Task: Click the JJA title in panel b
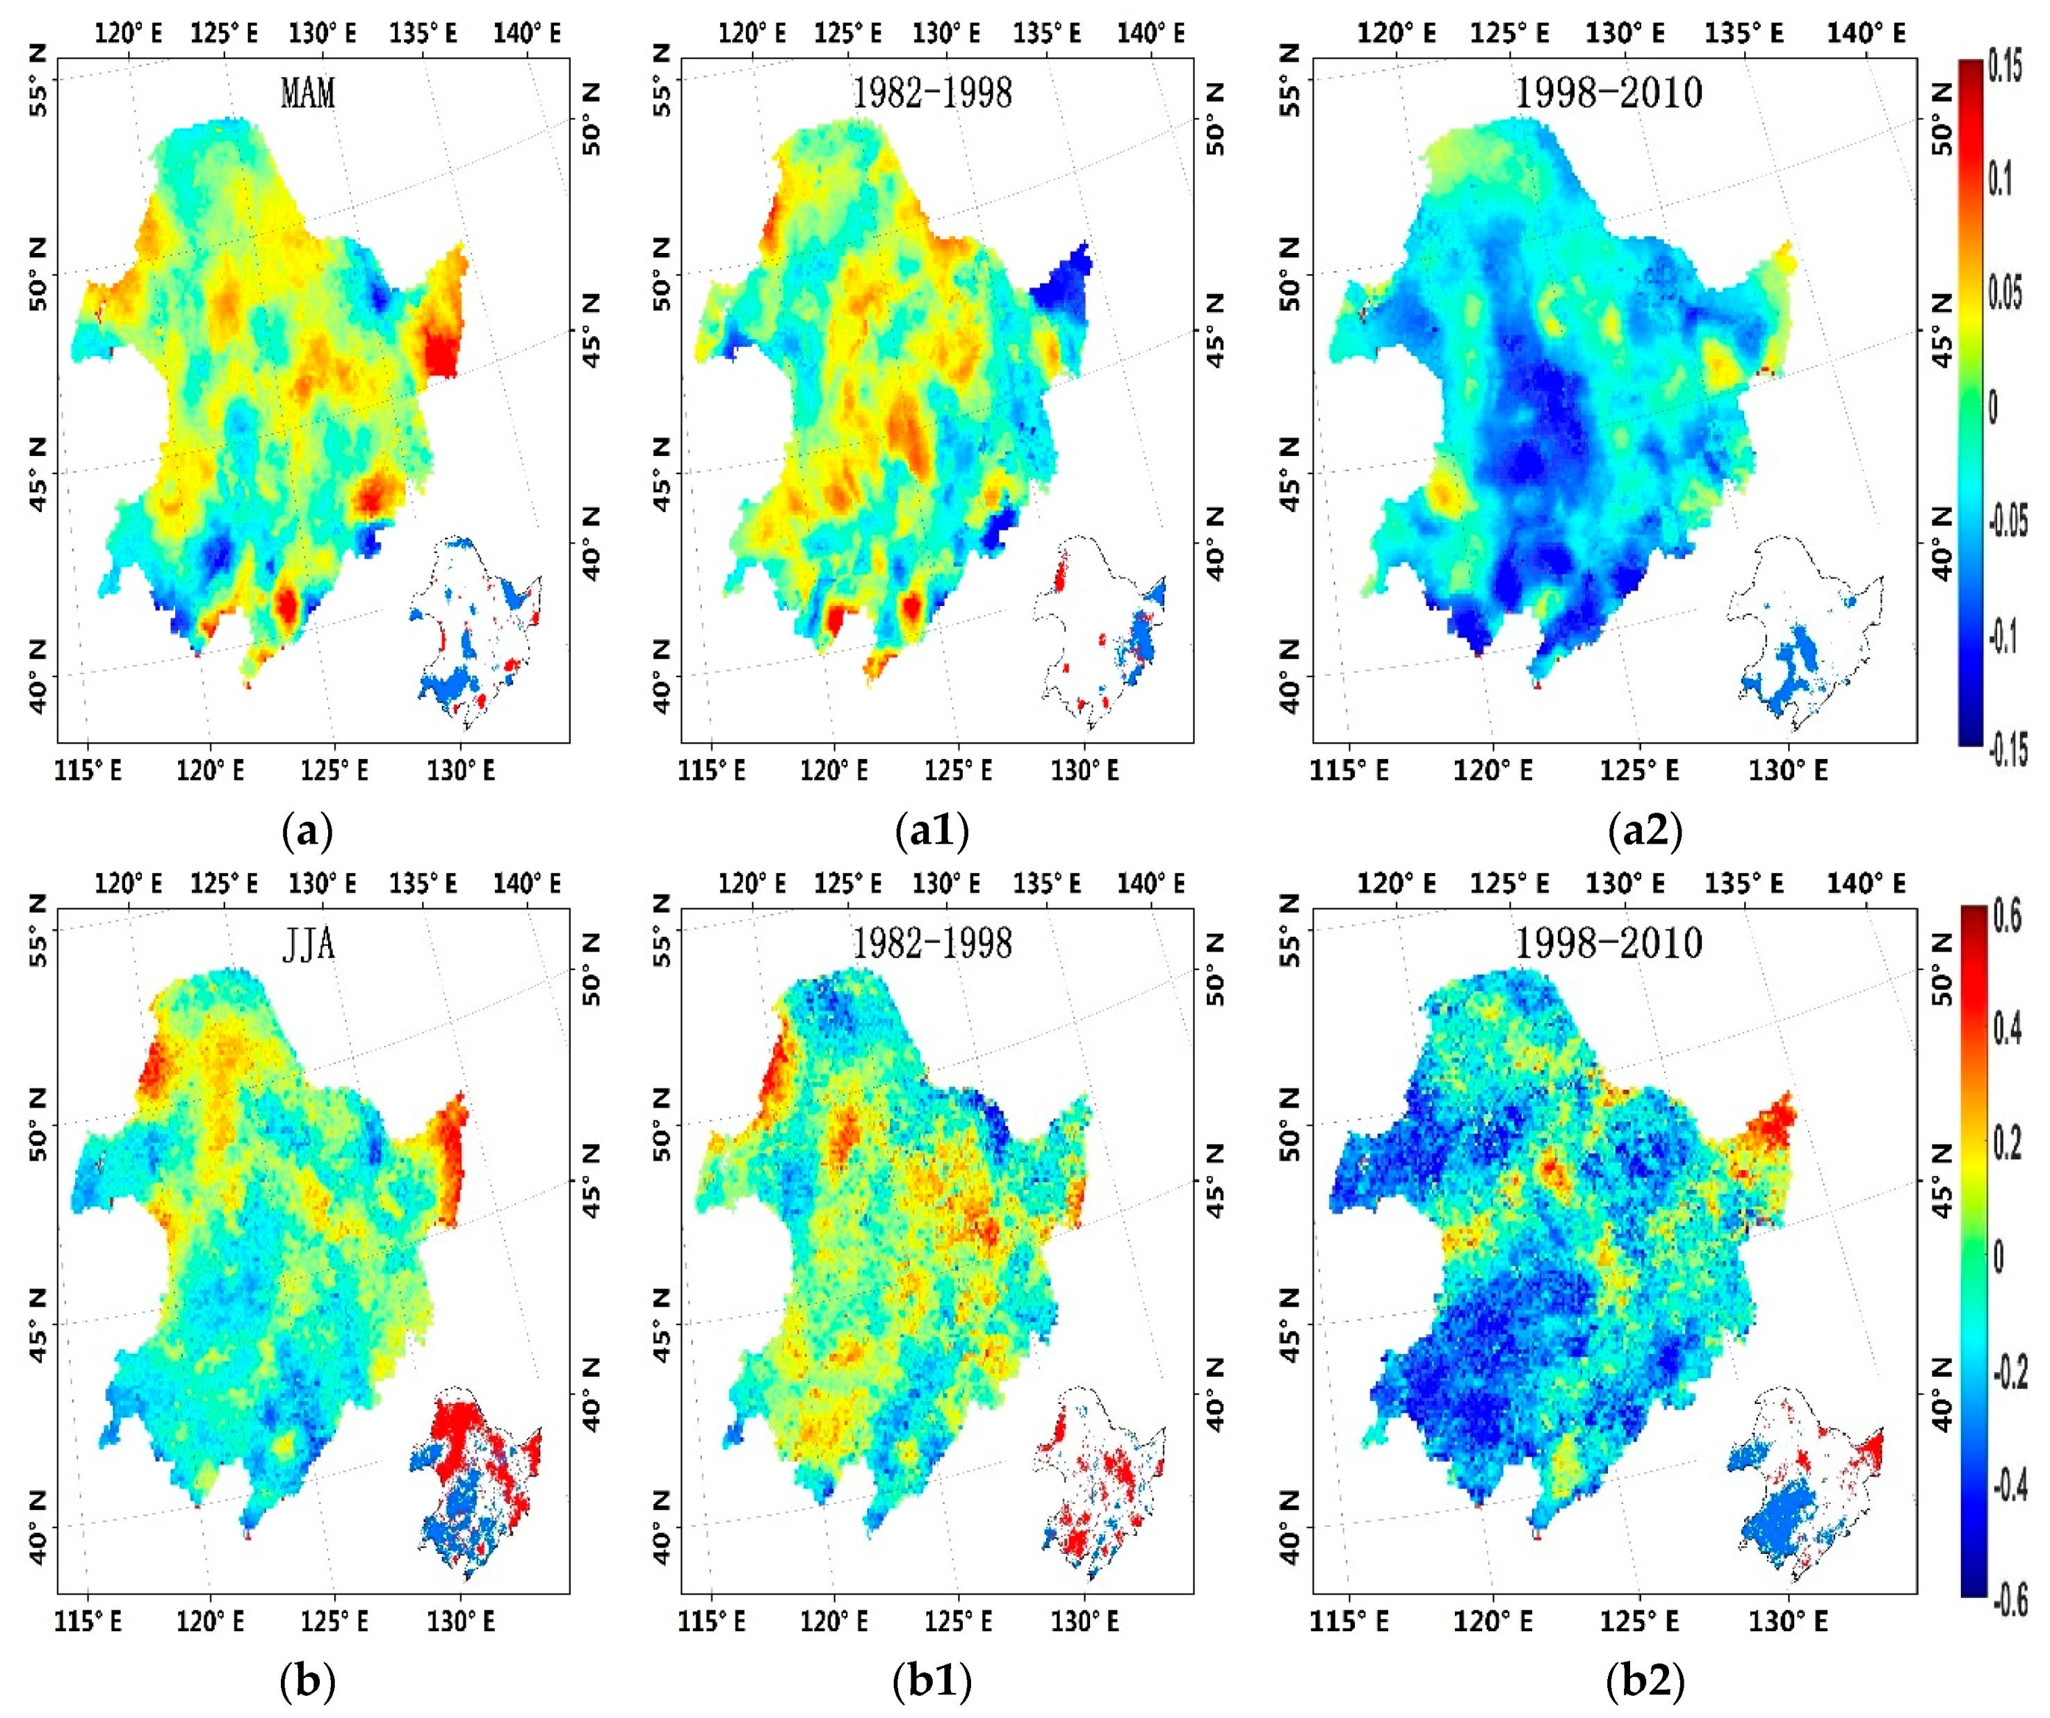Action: coord(309,945)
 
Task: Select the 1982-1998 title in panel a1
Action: coord(932,94)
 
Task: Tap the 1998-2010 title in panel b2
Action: coord(1608,943)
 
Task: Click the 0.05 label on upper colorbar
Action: coord(2007,293)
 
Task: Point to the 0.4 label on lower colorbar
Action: coord(2007,1031)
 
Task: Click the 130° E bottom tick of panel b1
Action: coord(1084,1621)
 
